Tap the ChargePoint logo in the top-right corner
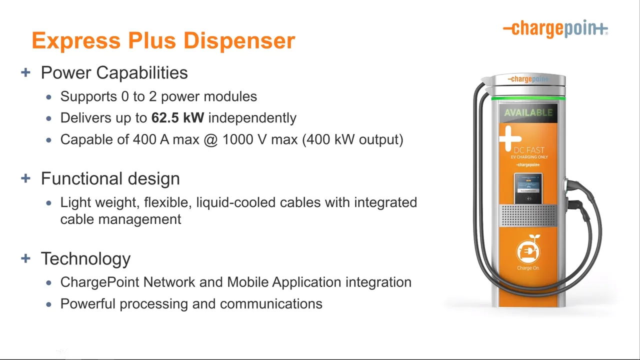point(555,28)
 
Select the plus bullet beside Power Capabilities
point(25,72)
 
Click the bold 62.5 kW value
point(177,117)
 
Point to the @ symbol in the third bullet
point(211,139)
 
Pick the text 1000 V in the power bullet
point(244,139)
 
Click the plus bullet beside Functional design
point(25,178)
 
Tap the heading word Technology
point(85,259)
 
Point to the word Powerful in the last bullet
point(88,303)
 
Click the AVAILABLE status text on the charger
point(528,112)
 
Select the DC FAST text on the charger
point(529,150)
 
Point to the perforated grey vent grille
point(528,215)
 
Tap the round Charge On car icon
point(528,251)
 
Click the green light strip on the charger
point(528,98)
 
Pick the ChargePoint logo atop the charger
point(528,79)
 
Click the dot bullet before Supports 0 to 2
point(49,97)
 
